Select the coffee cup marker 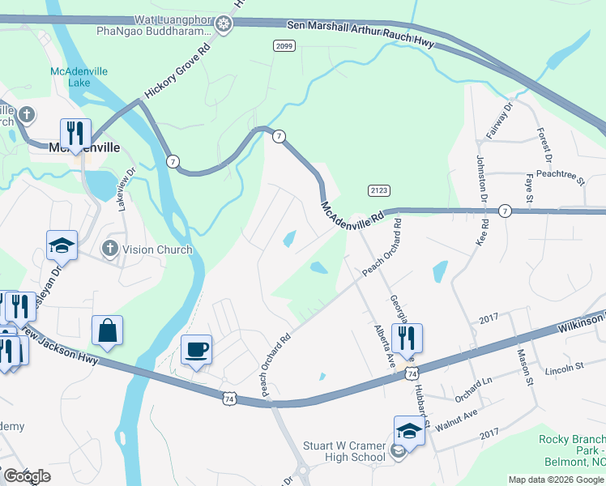[x=196, y=351]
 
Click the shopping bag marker [x=107, y=330]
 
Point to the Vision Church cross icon [x=110, y=249]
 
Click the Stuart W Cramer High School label [x=344, y=451]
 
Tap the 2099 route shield [x=284, y=46]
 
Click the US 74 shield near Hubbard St [x=412, y=373]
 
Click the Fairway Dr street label [x=498, y=119]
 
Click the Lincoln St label [x=565, y=369]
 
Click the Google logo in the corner [x=26, y=476]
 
